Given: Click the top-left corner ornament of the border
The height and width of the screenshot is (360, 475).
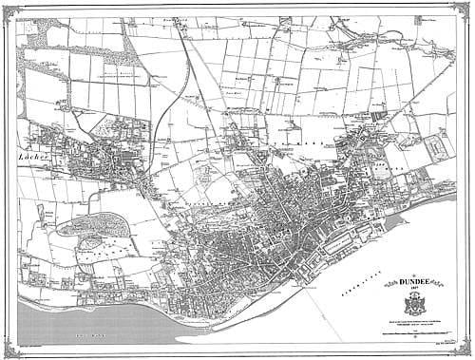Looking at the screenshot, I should point(8,8).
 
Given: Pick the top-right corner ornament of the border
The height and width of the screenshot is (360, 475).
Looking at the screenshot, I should point(466,8).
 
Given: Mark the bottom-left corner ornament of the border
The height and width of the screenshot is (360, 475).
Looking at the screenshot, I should point(8,351).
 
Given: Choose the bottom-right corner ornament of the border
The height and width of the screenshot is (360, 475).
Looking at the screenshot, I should point(466,351).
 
